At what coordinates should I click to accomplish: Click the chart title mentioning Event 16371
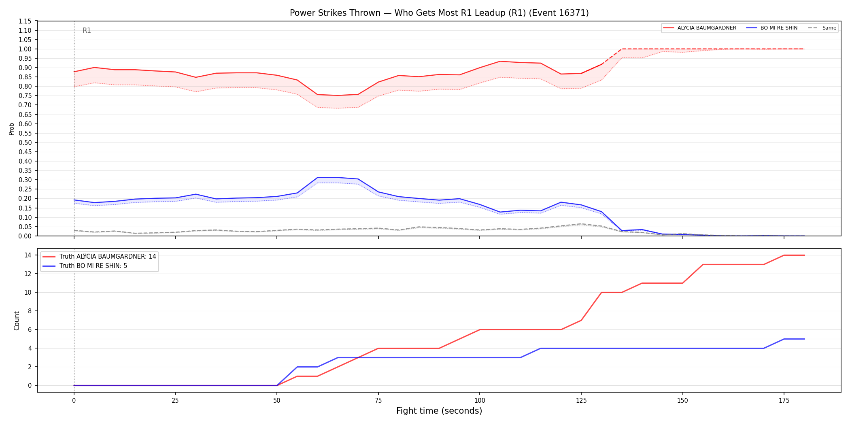pos(439,13)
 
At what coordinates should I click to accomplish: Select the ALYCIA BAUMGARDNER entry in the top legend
pos(700,28)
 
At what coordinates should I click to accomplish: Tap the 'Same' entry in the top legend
pos(822,28)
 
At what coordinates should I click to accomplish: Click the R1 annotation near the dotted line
pos(87,30)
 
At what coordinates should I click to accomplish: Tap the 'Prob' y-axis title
pos(12,129)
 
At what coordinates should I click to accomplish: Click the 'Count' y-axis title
pos(17,321)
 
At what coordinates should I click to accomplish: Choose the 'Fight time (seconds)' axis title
pos(439,411)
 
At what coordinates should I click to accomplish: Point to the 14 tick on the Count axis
pos(28,255)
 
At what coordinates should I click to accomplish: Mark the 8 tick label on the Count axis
pos(30,311)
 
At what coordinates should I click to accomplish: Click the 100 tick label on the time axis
pos(480,401)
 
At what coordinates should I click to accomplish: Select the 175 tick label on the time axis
pos(784,401)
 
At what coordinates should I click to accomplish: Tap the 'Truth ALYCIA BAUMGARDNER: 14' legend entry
pos(100,257)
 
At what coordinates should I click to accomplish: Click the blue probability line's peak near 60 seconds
pos(318,177)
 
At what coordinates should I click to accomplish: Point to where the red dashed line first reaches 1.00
pos(622,49)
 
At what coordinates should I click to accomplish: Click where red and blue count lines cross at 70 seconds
pos(358,357)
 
